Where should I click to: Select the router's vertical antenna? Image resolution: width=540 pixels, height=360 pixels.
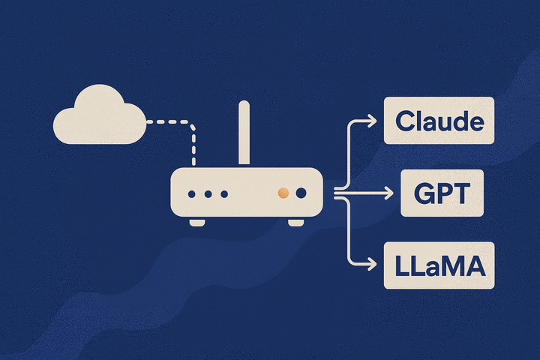(244, 133)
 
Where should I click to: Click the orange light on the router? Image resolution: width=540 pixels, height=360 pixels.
(283, 193)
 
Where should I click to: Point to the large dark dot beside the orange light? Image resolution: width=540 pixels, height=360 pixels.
(301, 193)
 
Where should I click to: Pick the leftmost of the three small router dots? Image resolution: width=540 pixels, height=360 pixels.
(192, 194)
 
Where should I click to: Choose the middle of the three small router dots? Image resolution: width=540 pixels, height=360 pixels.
(208, 194)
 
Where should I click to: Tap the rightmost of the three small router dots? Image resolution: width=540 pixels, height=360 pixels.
(223, 194)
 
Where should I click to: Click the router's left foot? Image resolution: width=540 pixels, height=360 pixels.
(197, 222)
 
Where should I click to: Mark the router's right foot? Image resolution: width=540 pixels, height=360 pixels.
(296, 222)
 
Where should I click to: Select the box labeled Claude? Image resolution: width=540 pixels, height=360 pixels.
(439, 120)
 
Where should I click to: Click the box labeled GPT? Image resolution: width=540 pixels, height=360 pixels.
(441, 193)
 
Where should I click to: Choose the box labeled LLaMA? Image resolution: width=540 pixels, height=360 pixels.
(439, 265)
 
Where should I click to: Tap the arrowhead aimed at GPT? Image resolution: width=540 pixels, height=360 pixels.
(388, 194)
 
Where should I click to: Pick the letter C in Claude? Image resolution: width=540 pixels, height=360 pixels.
(406, 121)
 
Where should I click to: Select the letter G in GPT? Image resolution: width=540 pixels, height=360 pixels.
(425, 193)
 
